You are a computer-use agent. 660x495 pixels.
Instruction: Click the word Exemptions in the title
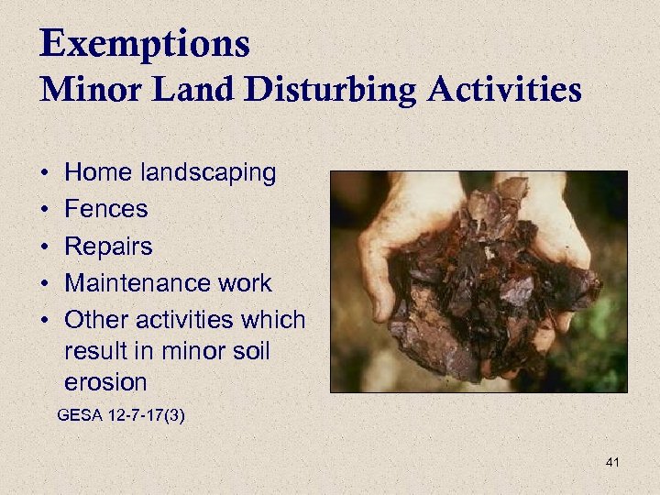145,43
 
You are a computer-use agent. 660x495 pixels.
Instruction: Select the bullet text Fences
106,209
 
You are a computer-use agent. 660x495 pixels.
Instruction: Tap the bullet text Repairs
109,247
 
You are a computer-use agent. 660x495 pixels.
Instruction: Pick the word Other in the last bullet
96,320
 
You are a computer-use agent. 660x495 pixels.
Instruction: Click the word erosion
106,380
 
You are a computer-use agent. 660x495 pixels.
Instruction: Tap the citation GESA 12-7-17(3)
121,415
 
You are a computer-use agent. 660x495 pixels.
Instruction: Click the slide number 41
612,462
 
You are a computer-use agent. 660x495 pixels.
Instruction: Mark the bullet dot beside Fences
44,210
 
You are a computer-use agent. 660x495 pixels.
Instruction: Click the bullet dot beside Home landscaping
44,173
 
